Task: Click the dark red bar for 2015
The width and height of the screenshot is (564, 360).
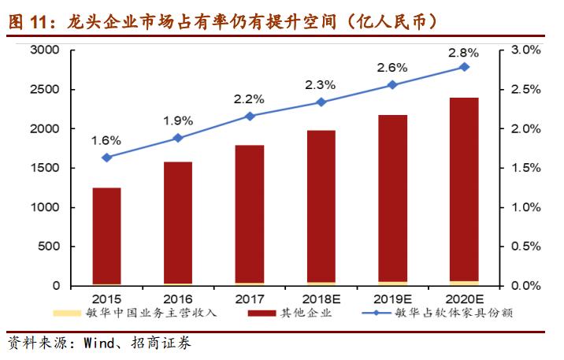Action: [x=106, y=236]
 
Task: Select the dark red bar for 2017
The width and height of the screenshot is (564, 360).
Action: [x=250, y=213]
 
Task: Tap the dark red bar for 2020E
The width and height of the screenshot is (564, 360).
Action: [x=464, y=189]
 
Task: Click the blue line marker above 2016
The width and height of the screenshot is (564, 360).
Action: [x=178, y=138]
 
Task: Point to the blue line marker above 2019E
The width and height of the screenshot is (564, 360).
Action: [x=392, y=85]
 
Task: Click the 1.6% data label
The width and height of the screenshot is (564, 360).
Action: [x=106, y=140]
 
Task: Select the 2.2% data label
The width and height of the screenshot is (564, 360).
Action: [x=250, y=99]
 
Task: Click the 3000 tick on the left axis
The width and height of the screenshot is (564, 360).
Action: [x=45, y=50]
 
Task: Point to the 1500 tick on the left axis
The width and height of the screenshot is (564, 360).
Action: [x=45, y=168]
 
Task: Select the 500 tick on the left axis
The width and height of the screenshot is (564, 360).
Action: [x=49, y=247]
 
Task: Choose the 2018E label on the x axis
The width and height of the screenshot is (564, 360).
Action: [x=321, y=299]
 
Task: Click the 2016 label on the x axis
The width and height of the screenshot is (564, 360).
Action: [x=178, y=299]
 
